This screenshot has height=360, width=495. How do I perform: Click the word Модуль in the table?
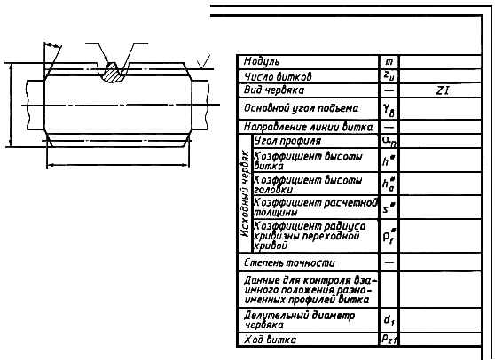(x=262, y=62)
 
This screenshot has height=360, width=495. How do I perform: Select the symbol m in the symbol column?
(x=389, y=62)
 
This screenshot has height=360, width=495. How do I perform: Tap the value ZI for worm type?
(x=443, y=90)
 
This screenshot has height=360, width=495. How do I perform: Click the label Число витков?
(x=278, y=76)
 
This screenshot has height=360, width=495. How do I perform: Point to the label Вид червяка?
(x=274, y=90)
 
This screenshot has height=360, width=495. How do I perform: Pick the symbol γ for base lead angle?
(x=389, y=110)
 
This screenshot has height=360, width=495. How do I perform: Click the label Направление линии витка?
(x=308, y=127)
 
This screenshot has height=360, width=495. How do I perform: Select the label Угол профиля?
(x=287, y=141)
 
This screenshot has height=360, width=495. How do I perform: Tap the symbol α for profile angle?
(x=389, y=141)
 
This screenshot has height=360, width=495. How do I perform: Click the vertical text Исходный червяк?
(x=246, y=193)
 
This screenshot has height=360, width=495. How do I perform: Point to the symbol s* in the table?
(x=389, y=207)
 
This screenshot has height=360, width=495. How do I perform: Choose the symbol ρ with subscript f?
(x=389, y=236)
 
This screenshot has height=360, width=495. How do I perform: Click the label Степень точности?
(x=289, y=262)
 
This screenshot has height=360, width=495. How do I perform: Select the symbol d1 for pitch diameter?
(x=389, y=320)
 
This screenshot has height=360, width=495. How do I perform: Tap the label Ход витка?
(x=271, y=340)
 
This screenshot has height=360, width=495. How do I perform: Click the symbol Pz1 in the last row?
(x=389, y=340)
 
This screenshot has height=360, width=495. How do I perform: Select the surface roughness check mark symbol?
(x=204, y=62)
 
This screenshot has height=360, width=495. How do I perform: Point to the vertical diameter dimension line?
(x=11, y=105)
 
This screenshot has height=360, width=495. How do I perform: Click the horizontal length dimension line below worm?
(x=118, y=165)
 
